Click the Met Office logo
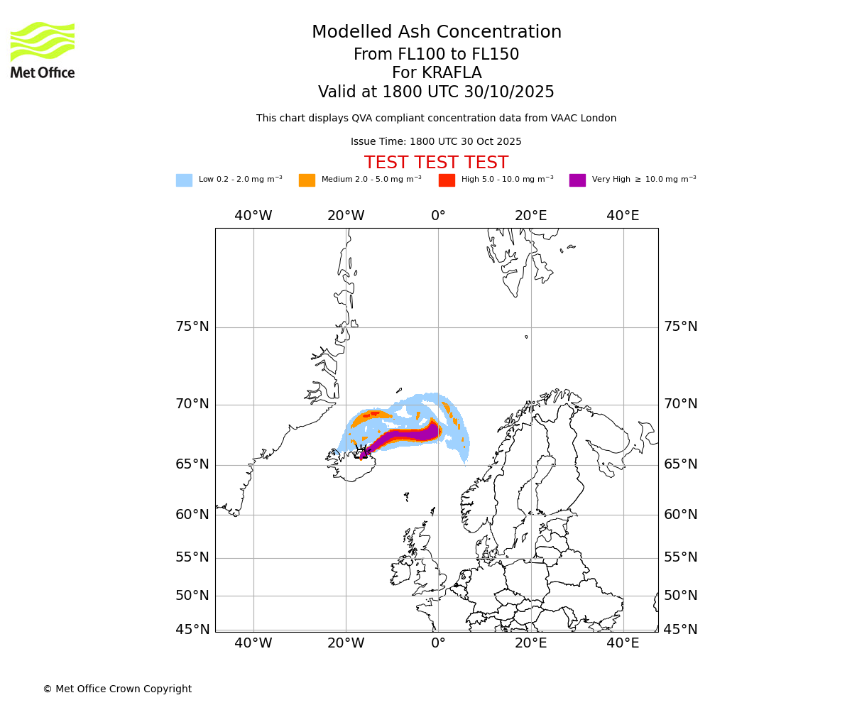pos(43,50)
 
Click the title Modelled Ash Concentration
pos(437,33)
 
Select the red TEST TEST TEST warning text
pos(436,163)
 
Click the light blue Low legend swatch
pos(184,180)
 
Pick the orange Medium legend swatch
pos(307,180)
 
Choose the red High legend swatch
pos(447,180)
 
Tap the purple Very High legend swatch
pos(577,180)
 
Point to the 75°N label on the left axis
pos(192,327)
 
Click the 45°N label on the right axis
pos(680,630)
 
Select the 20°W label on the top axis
pos(346,216)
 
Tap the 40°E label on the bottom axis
pos(623,643)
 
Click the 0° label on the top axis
pos(438,216)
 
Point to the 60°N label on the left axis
pos(192,515)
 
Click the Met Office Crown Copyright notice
pos(117,689)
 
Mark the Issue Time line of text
pos(436,142)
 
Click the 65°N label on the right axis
pos(680,464)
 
